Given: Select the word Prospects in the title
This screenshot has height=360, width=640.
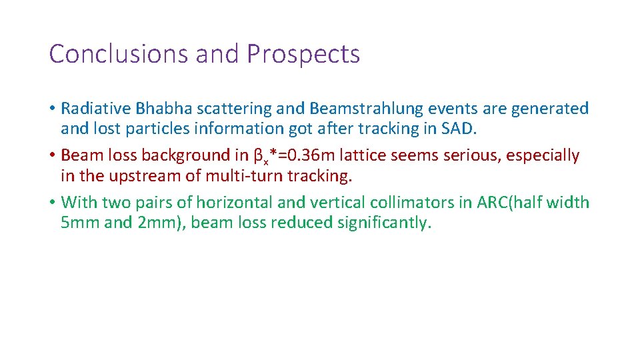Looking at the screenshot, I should [x=303, y=54].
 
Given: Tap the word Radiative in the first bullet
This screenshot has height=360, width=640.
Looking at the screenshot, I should [x=96, y=108].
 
